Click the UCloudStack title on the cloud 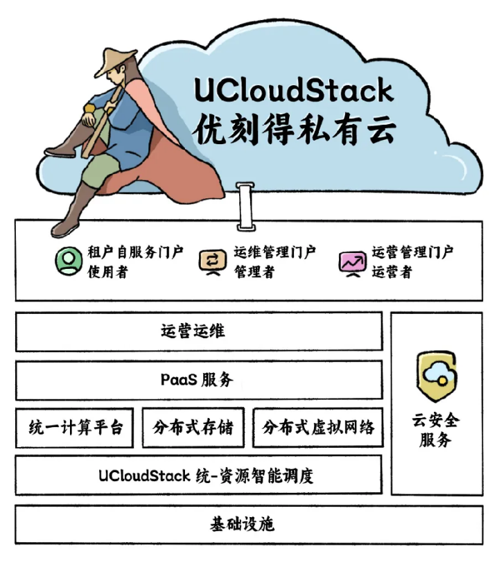[x=294, y=90]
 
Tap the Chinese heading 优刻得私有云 [x=295, y=129]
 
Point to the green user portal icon [x=69, y=261]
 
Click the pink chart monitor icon [x=352, y=263]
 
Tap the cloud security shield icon [x=437, y=376]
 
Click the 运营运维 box [x=199, y=331]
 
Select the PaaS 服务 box [x=199, y=380]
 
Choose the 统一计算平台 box [x=74, y=428]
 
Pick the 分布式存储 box [x=193, y=428]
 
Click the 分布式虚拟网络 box [x=318, y=428]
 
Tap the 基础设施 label [x=243, y=524]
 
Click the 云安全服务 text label [x=436, y=430]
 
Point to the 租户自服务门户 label [x=136, y=252]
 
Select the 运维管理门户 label [x=275, y=252]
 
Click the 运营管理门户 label [x=412, y=252]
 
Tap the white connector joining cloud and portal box [x=246, y=206]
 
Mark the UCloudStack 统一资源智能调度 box [x=199, y=475]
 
